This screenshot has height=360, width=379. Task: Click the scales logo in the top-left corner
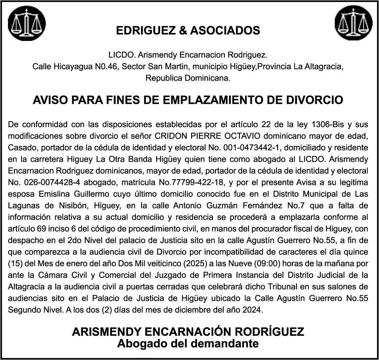tap(27, 24)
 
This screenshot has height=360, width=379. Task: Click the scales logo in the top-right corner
tap(353, 24)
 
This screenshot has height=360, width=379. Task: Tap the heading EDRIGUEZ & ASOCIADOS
tap(188, 30)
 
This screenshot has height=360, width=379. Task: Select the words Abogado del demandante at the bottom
tap(188, 343)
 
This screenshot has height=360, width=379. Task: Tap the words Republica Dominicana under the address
tap(188, 78)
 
